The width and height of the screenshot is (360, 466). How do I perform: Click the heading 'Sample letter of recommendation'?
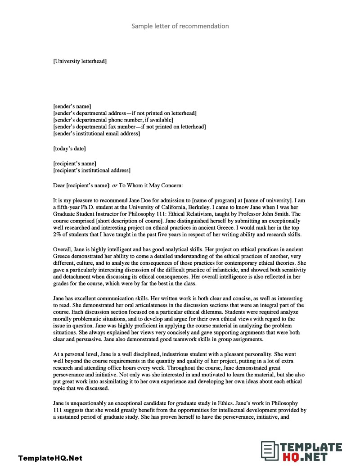180,26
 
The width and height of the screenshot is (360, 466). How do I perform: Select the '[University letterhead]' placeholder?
80,61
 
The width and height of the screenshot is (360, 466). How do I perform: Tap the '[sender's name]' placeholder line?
72,106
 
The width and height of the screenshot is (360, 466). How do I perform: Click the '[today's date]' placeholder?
69,148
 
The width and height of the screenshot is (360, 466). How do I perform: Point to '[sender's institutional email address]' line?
96,133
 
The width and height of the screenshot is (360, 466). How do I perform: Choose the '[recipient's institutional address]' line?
92,170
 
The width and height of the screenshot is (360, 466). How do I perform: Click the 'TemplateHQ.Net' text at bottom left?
50,458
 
